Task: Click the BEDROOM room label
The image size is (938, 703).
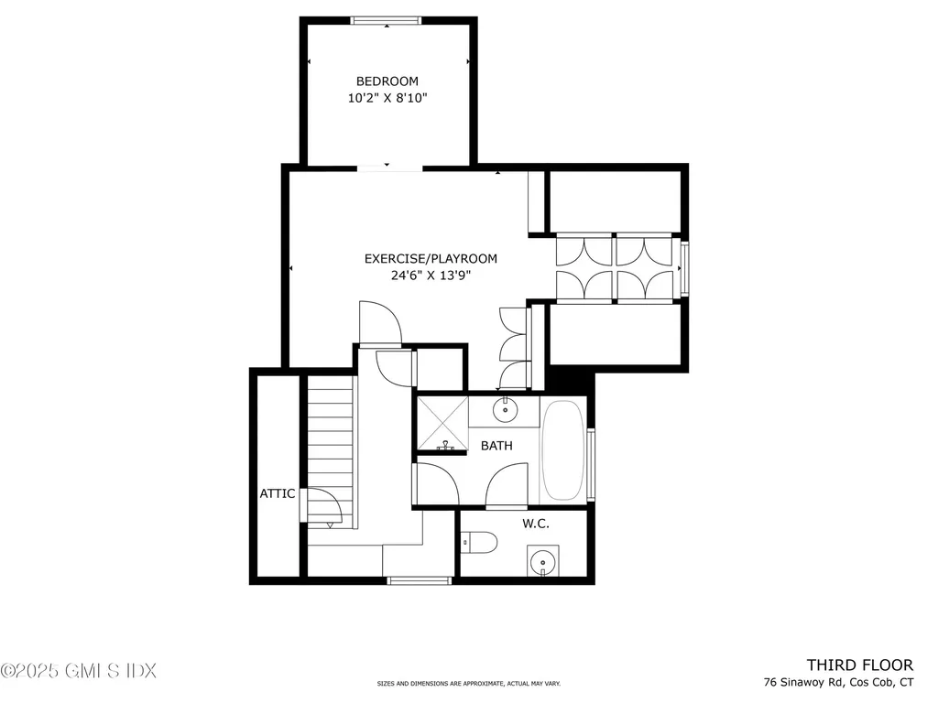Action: (x=387, y=81)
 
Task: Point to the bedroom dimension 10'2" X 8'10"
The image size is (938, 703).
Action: (x=387, y=99)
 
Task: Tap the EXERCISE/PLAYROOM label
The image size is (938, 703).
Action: (x=418, y=258)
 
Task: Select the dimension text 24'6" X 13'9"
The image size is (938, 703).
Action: (x=418, y=275)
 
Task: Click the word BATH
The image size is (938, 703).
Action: (x=496, y=446)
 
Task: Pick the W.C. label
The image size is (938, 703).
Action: (x=535, y=525)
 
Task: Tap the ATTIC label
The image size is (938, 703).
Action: (x=277, y=493)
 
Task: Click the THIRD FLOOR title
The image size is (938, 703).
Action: (x=859, y=665)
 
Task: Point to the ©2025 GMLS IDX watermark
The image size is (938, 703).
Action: (x=79, y=671)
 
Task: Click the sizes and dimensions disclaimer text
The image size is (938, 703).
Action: (x=468, y=684)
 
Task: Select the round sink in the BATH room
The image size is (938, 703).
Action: (x=504, y=411)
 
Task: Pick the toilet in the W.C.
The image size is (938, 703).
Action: (x=480, y=543)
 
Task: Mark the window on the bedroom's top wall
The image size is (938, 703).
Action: (x=387, y=20)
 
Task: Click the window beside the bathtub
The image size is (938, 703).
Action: (x=592, y=464)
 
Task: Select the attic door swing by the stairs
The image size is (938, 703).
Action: (x=318, y=505)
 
